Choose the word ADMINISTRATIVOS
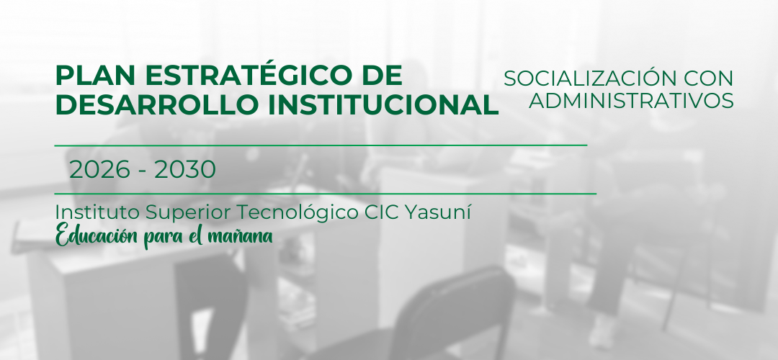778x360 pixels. click(x=631, y=99)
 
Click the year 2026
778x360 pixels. click(x=99, y=170)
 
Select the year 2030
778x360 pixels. click(x=185, y=170)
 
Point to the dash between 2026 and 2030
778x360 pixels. click(x=143, y=171)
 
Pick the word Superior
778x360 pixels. click(x=188, y=214)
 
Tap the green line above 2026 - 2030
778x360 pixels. click(x=321, y=145)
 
